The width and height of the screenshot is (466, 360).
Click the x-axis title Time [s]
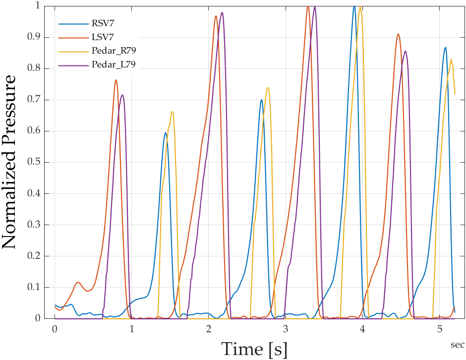[x=254, y=349]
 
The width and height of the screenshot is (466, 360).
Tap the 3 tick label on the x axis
[x=286, y=329]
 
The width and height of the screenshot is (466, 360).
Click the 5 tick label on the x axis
[x=440, y=329]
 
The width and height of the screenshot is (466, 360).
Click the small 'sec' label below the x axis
[x=457, y=344]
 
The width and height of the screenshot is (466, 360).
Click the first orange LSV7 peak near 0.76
[x=116, y=80]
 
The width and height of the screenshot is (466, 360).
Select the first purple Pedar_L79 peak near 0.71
[x=122, y=95]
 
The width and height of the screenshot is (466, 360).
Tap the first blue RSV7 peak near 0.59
[x=166, y=133]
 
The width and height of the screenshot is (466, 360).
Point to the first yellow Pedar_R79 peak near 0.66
[x=172, y=112]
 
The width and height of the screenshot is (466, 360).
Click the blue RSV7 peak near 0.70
[x=261, y=100]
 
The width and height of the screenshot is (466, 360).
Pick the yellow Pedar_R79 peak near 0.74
[x=268, y=88]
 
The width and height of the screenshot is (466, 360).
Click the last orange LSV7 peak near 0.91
[x=398, y=34]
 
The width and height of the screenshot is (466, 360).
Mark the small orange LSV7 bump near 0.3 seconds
[x=78, y=282]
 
